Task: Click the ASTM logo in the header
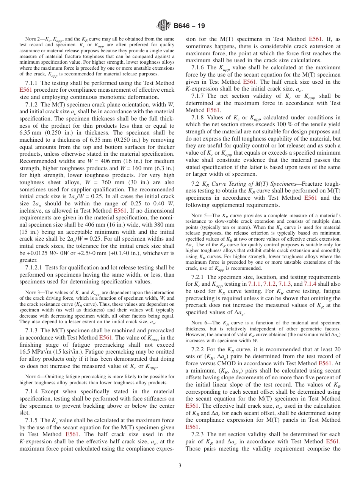(x=164, y=25)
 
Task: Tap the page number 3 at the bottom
(x=180, y=466)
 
